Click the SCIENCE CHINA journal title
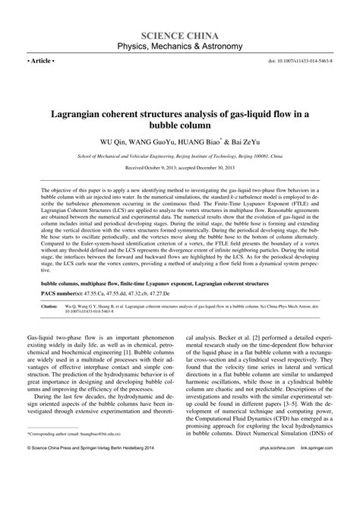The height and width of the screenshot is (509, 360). pos(180,35)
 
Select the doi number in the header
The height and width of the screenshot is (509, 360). pos(312,60)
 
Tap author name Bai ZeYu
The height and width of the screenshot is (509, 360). pos(248,141)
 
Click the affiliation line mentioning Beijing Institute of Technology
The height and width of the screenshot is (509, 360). pos(180,153)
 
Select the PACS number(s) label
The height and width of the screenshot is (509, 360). pos(53,292)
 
